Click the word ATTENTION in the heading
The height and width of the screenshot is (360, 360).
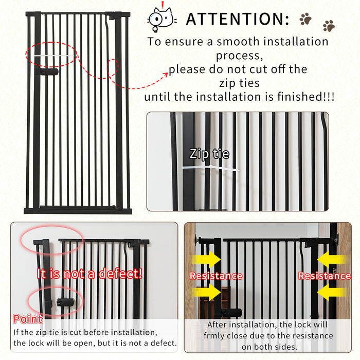tap(237, 19)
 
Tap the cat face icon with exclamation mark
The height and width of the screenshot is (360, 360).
tap(161, 18)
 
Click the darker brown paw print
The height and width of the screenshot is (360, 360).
tap(305, 19)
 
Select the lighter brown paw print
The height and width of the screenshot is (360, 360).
tap(329, 25)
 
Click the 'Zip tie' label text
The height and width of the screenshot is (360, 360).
tap(209, 153)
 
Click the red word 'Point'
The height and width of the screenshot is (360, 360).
tap(28, 319)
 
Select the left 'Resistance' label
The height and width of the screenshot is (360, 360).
tap(215, 276)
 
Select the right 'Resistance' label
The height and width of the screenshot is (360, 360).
tap(325, 276)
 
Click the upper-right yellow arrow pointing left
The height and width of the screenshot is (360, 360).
tap(332, 260)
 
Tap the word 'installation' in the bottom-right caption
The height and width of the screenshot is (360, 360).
tap(255, 325)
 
